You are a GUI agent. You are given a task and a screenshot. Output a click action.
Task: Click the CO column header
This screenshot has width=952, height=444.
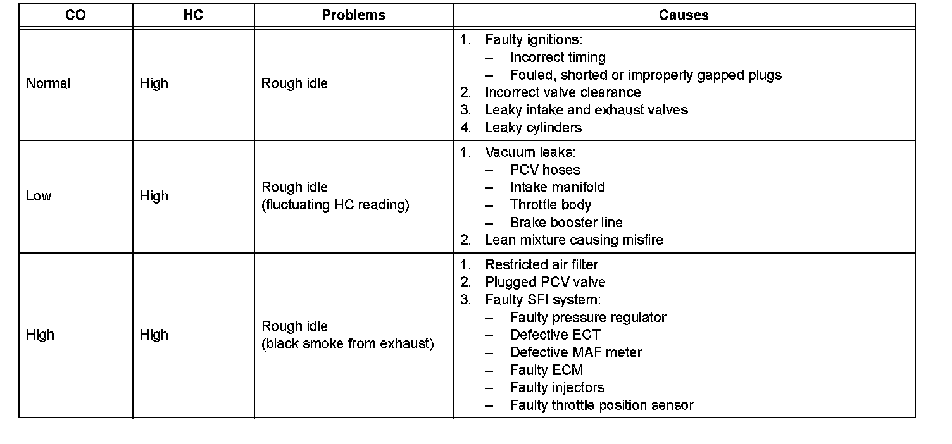[x=75, y=15]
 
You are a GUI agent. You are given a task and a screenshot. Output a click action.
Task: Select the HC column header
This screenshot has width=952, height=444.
[x=193, y=15]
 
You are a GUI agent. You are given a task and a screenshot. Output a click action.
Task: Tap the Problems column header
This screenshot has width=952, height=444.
[x=353, y=15]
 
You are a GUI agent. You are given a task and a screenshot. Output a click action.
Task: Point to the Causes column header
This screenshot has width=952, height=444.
[x=684, y=15]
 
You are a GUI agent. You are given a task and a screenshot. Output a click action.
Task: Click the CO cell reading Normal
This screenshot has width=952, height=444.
[x=49, y=83]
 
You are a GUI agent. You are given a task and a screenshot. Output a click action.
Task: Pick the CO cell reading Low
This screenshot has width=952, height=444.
[x=39, y=196]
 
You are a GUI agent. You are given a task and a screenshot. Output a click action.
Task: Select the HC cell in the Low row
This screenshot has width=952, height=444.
[x=154, y=196]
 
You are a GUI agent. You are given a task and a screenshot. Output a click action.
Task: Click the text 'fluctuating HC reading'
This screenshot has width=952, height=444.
[x=335, y=206]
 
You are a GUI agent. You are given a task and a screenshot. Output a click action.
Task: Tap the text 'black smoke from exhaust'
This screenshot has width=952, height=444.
[x=348, y=345]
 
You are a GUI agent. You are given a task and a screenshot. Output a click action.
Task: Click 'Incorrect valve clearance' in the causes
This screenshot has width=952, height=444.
[x=563, y=92]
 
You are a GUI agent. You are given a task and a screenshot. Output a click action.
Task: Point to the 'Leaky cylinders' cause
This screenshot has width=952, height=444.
[x=533, y=128]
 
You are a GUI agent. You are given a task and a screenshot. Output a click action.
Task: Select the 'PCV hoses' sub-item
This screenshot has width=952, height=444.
[x=545, y=170]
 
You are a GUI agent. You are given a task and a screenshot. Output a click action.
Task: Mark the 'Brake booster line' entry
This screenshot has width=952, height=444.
[x=566, y=223]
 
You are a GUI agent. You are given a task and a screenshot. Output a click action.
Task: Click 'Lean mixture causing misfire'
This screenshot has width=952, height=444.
[x=573, y=240]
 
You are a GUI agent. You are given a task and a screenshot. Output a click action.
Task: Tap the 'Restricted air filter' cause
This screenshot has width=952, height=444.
[x=541, y=264]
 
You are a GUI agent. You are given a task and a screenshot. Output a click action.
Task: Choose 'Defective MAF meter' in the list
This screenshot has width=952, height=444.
[x=576, y=352]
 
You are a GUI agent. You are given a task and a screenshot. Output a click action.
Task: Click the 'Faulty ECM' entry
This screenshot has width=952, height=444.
[x=546, y=370]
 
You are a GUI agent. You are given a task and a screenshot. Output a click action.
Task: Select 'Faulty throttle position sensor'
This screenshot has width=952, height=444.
[x=601, y=405]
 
